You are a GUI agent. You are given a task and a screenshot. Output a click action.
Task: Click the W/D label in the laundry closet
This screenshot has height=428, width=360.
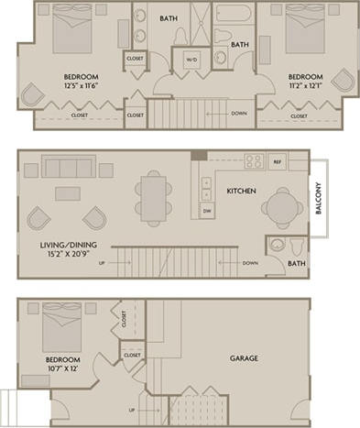tap(191, 60)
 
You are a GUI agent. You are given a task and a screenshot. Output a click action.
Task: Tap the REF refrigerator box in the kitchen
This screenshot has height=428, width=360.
tap(277, 159)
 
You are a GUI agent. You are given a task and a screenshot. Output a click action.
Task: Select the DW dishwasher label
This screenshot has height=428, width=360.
tap(206, 210)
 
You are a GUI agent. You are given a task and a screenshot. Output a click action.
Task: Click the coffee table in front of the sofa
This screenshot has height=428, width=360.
tap(67, 193)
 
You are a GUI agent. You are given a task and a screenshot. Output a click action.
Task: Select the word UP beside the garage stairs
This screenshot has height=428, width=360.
tap(132, 410)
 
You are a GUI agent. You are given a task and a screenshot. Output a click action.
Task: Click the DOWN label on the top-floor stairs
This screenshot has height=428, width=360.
tap(238, 114)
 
